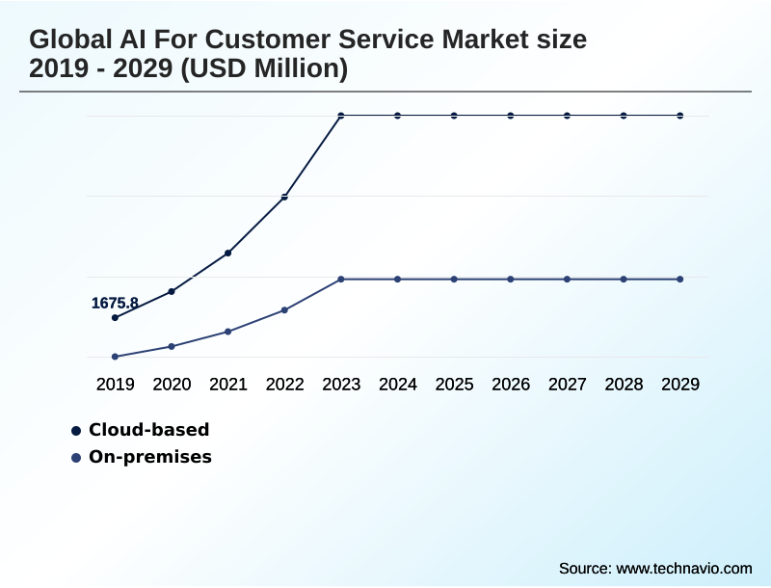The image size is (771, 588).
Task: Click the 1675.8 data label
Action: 115,303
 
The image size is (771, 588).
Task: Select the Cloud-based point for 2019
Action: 115,317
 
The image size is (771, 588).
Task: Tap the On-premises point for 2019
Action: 115,357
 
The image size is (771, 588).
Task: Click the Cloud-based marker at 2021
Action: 227,253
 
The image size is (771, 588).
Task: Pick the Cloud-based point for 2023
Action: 341,116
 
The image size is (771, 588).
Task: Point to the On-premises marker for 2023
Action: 341,279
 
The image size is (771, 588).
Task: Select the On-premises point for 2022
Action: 284,309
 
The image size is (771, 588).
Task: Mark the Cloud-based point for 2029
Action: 680,116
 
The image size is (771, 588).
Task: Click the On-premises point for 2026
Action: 511,279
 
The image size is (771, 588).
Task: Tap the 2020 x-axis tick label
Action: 172,385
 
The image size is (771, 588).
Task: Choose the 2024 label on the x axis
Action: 397,385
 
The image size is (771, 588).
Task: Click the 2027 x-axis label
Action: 567,385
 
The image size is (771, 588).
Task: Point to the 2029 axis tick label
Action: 680,385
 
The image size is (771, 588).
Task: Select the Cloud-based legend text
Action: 148,430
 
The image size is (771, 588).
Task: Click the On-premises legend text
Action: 149,457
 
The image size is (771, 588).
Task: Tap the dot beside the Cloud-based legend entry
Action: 76,430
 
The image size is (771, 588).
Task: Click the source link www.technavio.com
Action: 683,568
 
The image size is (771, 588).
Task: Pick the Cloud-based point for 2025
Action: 454,116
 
